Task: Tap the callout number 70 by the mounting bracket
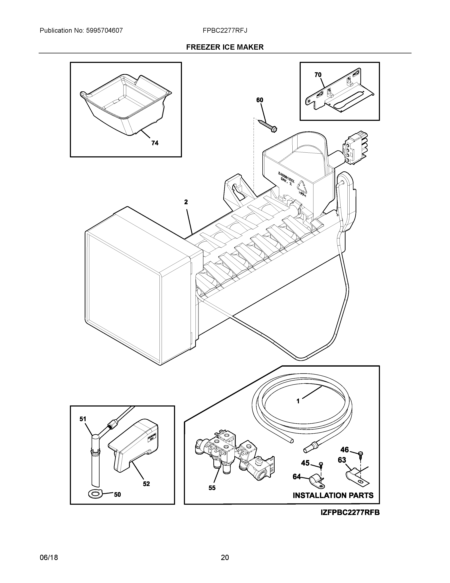click(318, 75)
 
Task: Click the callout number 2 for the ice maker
click(186, 202)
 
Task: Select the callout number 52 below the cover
click(146, 484)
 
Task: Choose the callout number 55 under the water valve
click(212, 488)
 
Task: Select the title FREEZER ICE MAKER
click(225, 47)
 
